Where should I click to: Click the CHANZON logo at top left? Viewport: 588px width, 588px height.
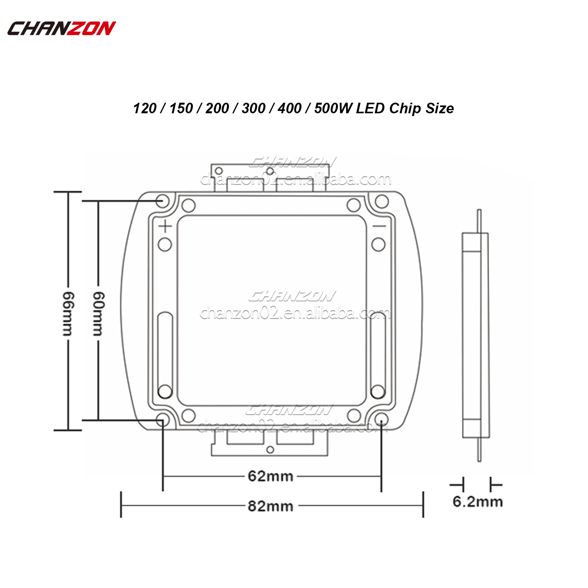pyautogui.click(x=62, y=28)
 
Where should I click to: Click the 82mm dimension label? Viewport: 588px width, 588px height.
pyautogui.click(x=270, y=506)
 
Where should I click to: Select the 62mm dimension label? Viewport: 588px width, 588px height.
pyautogui.click(x=270, y=476)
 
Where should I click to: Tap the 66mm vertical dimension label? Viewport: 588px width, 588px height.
pyautogui.click(x=67, y=314)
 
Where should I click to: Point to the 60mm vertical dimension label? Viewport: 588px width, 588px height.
pyautogui.click(x=98, y=314)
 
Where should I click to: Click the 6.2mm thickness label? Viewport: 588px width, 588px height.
pyautogui.click(x=477, y=502)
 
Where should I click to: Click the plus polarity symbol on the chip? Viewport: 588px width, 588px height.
pyautogui.click(x=165, y=226)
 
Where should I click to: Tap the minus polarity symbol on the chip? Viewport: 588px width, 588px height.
pyautogui.click(x=379, y=226)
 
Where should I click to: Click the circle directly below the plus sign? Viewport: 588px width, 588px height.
pyautogui.click(x=165, y=244)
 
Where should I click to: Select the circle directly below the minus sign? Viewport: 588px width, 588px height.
pyautogui.click(x=378, y=244)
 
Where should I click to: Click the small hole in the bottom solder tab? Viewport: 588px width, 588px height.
pyautogui.click(x=270, y=450)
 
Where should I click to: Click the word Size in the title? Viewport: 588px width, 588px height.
pyautogui.click(x=440, y=108)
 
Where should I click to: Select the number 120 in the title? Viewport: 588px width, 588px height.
pyautogui.click(x=145, y=108)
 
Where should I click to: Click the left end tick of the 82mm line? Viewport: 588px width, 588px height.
pyautogui.click(x=121, y=505)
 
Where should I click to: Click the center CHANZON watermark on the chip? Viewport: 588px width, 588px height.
pyautogui.click(x=292, y=296)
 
